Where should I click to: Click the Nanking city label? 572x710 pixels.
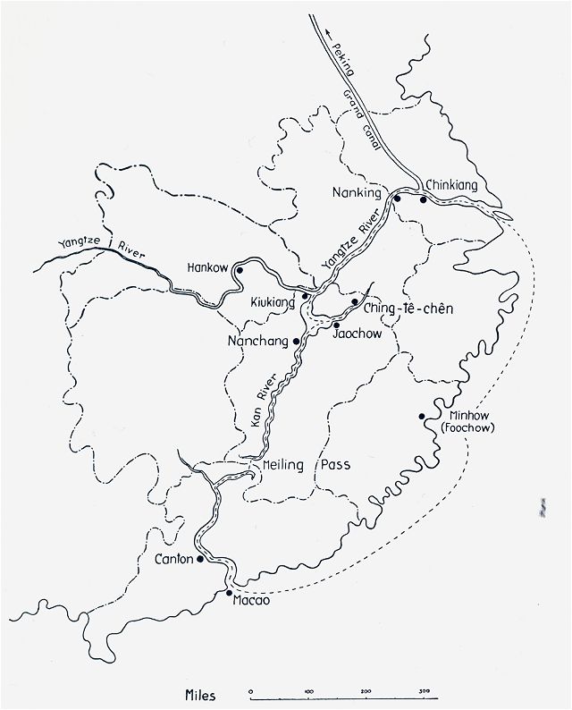coord(357,192)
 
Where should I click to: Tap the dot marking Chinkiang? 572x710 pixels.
coord(423,199)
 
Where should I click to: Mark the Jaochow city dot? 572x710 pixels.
coord(336,325)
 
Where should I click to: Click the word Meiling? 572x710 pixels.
coord(279,466)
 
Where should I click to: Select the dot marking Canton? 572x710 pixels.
coord(200,558)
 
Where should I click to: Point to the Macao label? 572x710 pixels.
coord(250,600)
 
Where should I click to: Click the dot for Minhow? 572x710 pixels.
coord(420,417)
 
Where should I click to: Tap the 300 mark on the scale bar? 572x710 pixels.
coord(425,689)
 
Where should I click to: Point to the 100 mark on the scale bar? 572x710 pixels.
coord(309,689)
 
